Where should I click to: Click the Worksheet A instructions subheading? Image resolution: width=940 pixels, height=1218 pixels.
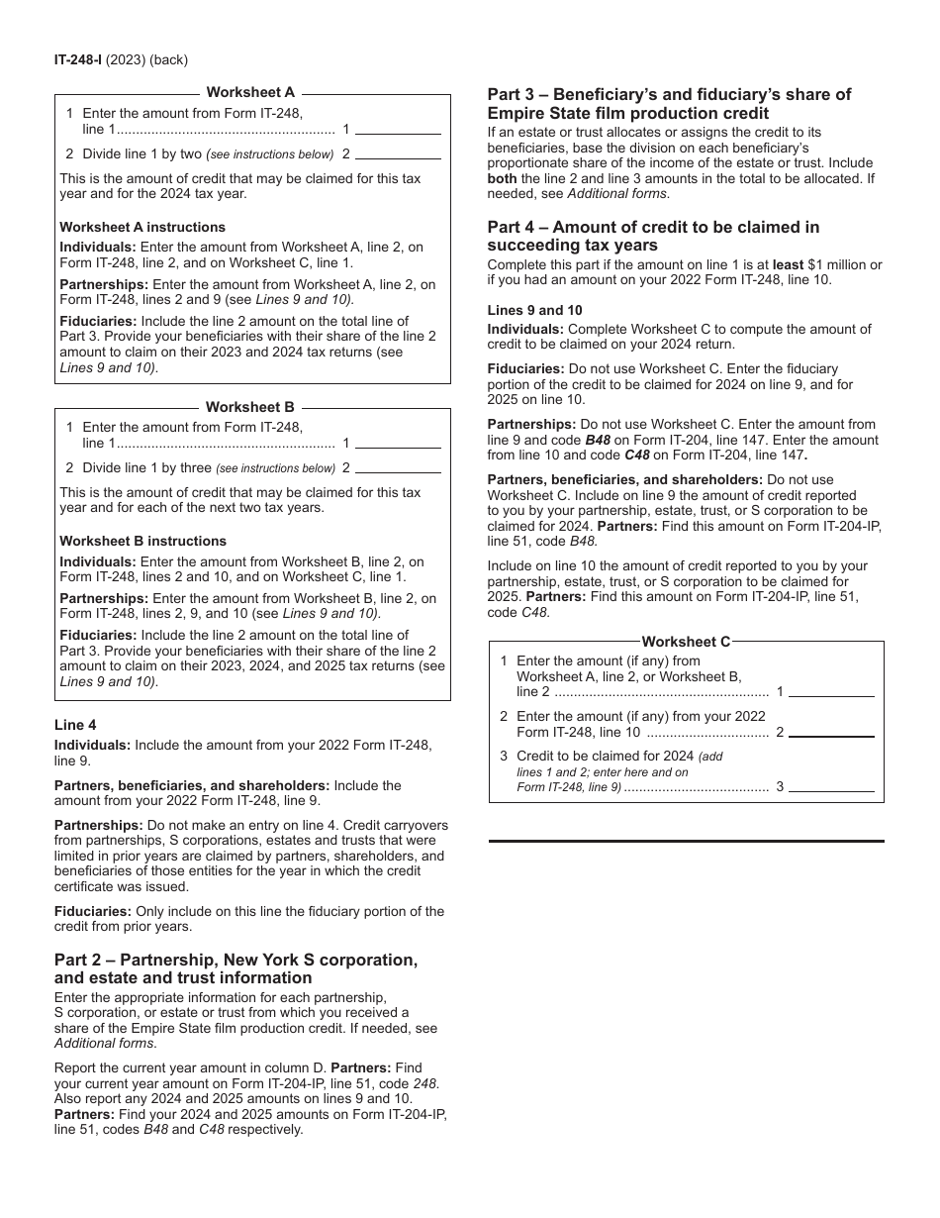point(142,227)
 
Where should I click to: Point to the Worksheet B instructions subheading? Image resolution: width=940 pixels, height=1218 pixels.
point(142,541)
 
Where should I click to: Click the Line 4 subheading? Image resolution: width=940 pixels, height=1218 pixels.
point(75,725)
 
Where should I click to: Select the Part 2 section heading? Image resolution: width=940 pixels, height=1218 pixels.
point(235,968)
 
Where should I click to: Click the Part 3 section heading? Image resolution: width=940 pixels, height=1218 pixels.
point(669,103)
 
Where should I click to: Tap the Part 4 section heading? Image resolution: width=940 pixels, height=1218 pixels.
point(653,236)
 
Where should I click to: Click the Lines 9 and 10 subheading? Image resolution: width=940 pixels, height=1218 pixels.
point(534,310)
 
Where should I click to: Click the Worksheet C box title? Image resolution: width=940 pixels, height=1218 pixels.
point(686,642)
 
